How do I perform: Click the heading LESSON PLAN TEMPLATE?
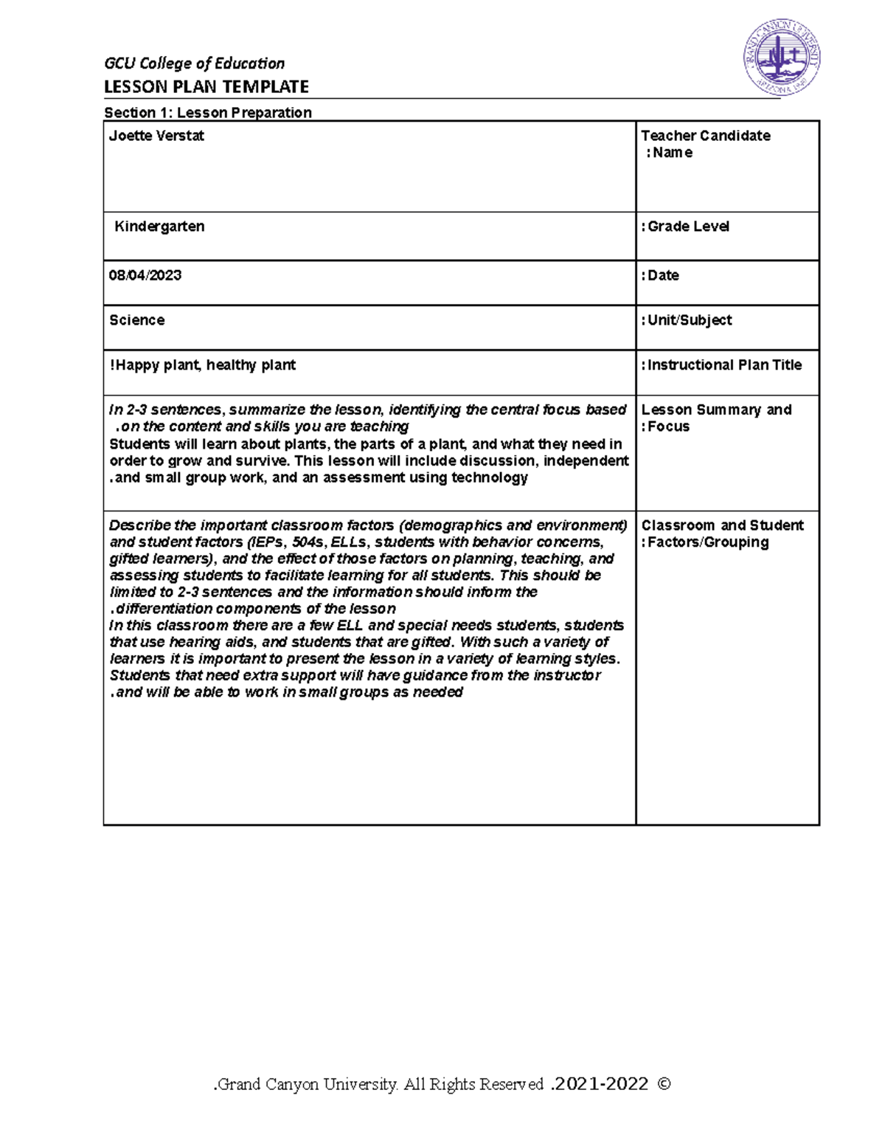(x=206, y=87)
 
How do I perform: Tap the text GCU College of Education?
(x=194, y=63)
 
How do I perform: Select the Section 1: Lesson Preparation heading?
(x=207, y=112)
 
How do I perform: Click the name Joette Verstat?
(x=156, y=136)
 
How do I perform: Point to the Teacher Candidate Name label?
(x=705, y=144)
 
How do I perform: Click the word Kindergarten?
(x=159, y=227)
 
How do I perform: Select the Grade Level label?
(x=687, y=227)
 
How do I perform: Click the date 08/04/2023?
(x=145, y=275)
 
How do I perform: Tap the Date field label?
(x=662, y=275)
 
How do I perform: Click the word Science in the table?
(x=137, y=320)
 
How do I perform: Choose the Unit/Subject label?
(x=687, y=320)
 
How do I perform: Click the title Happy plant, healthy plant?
(x=204, y=365)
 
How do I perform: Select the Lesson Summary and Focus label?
(x=715, y=418)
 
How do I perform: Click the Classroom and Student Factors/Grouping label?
(x=721, y=534)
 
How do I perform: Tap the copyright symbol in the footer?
(x=663, y=1084)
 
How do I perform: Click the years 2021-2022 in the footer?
(x=600, y=1084)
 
